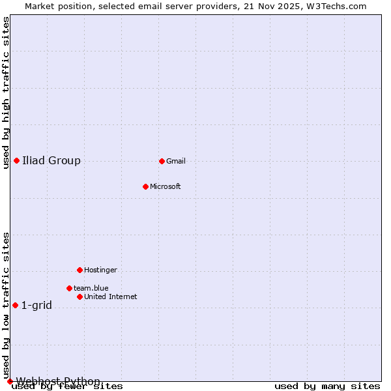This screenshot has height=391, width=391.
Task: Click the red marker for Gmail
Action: click(x=162, y=161)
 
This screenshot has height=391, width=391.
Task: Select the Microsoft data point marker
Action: click(x=146, y=186)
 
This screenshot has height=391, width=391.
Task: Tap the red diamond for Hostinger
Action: click(x=80, y=270)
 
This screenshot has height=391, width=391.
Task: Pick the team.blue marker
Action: click(x=69, y=288)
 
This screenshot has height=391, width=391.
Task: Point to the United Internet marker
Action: click(x=80, y=297)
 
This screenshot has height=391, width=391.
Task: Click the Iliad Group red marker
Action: click(x=16, y=160)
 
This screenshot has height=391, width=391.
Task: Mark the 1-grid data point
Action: click(x=15, y=305)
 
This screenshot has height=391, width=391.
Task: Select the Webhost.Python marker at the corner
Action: click(x=10, y=381)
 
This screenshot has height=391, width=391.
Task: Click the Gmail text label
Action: click(x=176, y=161)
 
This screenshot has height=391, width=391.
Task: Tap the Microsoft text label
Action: click(x=166, y=186)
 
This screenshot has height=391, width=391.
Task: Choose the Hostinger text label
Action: click(x=100, y=270)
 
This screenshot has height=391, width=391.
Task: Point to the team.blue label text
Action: click(x=91, y=288)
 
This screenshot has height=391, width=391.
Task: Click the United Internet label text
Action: click(x=111, y=297)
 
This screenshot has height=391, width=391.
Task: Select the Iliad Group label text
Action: click(x=51, y=160)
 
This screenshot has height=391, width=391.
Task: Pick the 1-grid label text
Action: click(x=36, y=305)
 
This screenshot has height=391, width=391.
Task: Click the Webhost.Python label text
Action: click(x=58, y=381)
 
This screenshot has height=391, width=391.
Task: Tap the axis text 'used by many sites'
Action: click(x=327, y=386)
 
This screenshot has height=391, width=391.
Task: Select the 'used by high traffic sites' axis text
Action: click(x=6, y=93)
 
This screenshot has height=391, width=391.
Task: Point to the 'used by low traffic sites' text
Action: click(x=6, y=305)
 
